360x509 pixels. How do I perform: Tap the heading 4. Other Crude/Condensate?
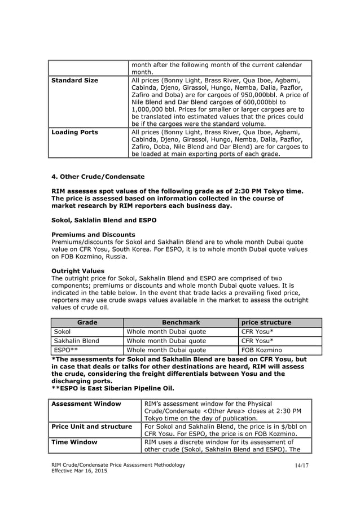(x=98, y=177)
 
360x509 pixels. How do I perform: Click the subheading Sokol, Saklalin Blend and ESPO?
(x=104, y=220)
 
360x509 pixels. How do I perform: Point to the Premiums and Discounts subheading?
(x=93, y=234)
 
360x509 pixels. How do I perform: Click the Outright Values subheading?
(x=78, y=271)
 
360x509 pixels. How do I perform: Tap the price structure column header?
(x=266, y=322)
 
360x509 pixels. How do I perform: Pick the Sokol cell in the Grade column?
(x=62, y=332)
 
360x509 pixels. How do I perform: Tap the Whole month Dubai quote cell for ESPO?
(x=166, y=350)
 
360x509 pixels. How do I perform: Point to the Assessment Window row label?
(x=86, y=403)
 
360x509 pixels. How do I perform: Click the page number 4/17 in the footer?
(x=302, y=465)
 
